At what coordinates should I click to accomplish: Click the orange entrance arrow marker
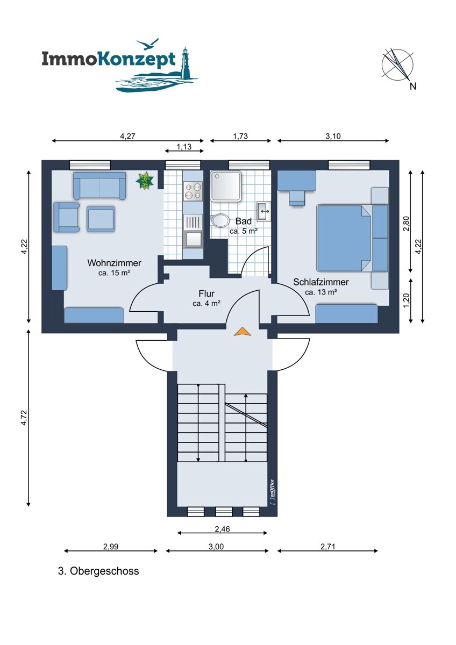click(x=243, y=332)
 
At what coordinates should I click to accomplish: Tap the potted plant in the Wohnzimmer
click(x=145, y=181)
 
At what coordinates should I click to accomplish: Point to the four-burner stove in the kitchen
click(x=193, y=191)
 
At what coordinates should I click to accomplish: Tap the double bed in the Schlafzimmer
click(x=344, y=238)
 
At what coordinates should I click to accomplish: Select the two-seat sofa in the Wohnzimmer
click(x=99, y=186)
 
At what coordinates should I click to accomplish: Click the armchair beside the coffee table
click(x=67, y=217)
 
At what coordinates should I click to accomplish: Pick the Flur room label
click(x=206, y=293)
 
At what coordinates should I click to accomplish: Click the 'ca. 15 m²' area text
click(x=114, y=273)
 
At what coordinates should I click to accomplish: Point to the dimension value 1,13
click(x=184, y=147)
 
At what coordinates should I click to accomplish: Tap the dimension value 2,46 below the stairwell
click(x=223, y=529)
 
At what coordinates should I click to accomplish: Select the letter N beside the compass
click(x=413, y=86)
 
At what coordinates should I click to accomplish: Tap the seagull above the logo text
click(x=147, y=44)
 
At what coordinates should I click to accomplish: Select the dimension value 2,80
click(x=407, y=223)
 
